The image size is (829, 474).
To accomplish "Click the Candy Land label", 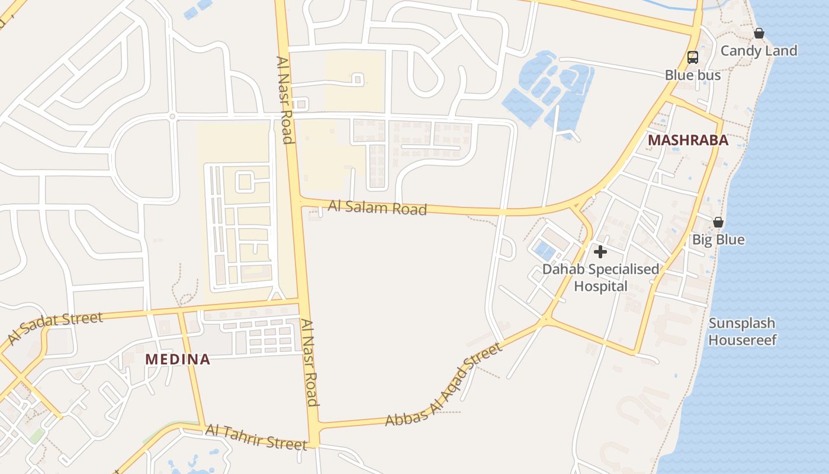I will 759,51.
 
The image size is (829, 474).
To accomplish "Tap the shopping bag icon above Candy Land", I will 759,33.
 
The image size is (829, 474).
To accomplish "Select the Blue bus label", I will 693,75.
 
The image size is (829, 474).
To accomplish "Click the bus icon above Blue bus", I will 692,57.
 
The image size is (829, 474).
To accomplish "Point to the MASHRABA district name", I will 687,140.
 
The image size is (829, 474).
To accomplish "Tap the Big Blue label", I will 718,240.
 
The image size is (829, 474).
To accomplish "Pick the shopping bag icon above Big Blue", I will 718,222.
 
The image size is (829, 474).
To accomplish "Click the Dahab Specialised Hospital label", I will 600,277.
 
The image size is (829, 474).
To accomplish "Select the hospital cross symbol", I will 600,252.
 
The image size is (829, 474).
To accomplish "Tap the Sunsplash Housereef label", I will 742,331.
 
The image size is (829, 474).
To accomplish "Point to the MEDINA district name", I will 178,359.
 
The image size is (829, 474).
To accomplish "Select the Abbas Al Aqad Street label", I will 444,385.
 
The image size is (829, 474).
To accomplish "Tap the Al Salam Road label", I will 377,207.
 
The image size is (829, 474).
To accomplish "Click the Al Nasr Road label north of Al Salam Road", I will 285,100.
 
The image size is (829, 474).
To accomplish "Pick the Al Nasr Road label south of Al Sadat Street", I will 309,363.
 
